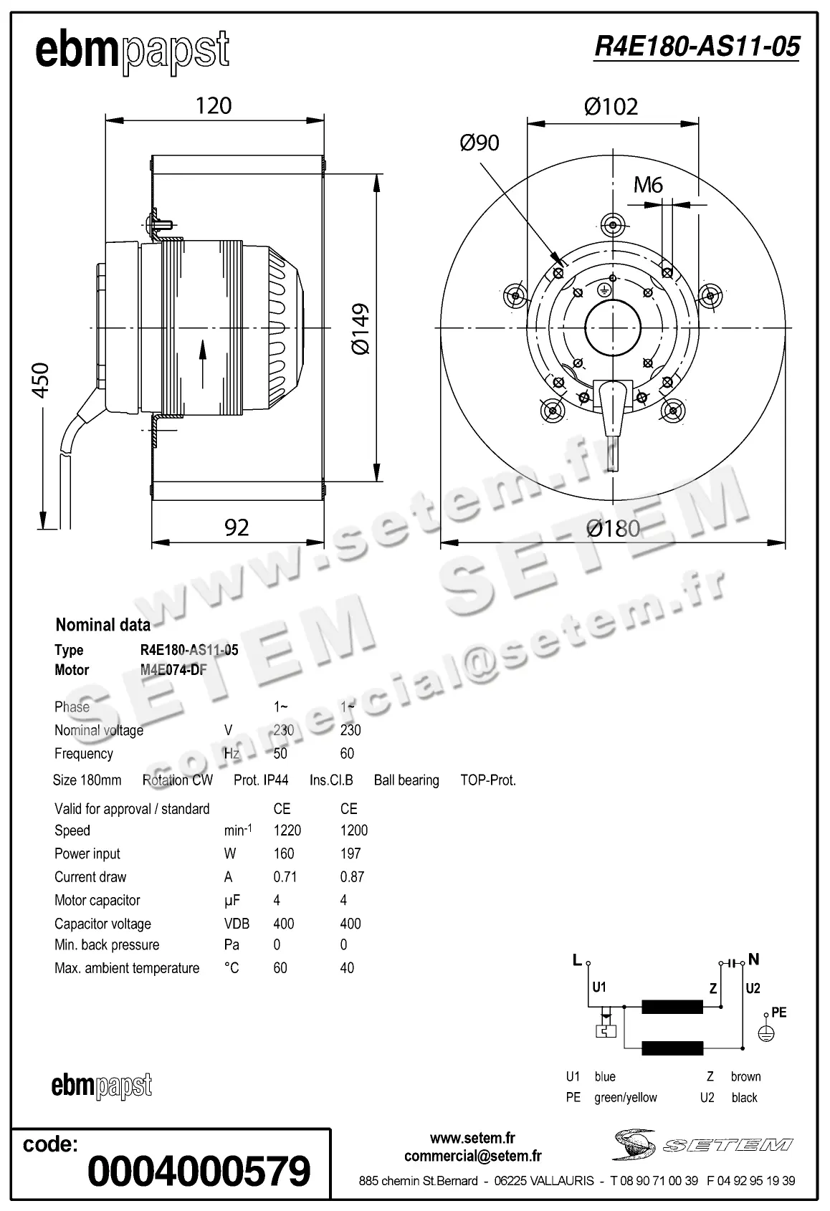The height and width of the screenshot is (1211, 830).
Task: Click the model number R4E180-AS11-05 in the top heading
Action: click(697, 47)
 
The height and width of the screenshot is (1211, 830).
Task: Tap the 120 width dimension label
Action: click(214, 106)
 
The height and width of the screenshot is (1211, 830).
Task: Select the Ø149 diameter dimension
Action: click(361, 329)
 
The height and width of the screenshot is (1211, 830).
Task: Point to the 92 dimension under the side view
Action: click(237, 527)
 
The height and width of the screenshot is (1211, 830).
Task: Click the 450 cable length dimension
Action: click(42, 380)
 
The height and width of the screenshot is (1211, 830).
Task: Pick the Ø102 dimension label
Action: click(611, 107)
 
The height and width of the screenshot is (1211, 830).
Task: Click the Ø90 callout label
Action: click(480, 143)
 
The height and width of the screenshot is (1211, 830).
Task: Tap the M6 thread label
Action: click(648, 186)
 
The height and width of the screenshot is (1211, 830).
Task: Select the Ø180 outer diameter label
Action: click(613, 529)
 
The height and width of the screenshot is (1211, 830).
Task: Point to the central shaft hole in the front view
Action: click(613, 329)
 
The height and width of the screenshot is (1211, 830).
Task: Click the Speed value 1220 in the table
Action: click(287, 831)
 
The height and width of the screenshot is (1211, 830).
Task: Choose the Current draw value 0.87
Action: click(352, 877)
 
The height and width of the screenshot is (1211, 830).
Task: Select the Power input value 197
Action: click(350, 853)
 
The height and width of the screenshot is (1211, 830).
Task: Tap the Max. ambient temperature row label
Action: click(127, 968)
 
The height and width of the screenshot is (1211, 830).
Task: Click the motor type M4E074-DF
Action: click(173, 670)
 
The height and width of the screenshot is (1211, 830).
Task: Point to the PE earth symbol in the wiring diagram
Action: click(766, 1034)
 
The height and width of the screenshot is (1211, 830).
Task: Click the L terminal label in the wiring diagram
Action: click(577, 960)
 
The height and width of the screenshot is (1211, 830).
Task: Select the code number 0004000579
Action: click(199, 1171)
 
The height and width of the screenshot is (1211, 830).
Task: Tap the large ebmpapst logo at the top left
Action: click(133, 52)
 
